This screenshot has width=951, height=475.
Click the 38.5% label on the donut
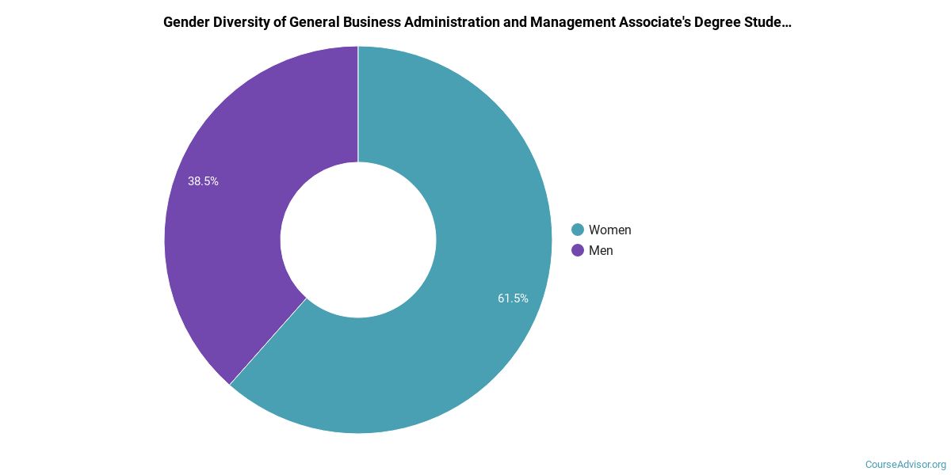pyautogui.click(x=203, y=181)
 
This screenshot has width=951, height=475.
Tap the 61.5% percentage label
pyautogui.click(x=513, y=298)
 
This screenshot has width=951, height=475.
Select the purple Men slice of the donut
pyautogui.click(x=230, y=237)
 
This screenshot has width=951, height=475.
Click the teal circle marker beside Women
pyautogui.click(x=578, y=230)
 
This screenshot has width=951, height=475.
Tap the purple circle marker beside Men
pyautogui.click(x=578, y=250)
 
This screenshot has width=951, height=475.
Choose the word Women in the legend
pyautogui.click(x=609, y=230)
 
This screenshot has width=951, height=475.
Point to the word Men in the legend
pyautogui.click(x=601, y=250)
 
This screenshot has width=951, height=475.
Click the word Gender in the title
pyautogui.click(x=186, y=22)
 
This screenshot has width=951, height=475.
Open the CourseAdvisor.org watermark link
pyautogui.click(x=905, y=465)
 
